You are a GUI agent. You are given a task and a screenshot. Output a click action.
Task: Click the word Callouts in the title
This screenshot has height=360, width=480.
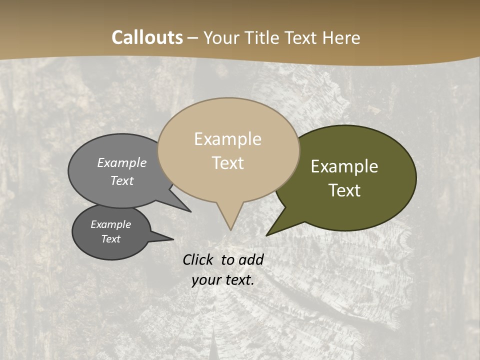(x=147, y=37)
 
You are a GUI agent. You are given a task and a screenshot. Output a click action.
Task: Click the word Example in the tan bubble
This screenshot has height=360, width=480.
(x=227, y=139)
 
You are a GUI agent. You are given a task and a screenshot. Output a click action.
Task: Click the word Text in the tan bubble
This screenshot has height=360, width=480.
(x=228, y=163)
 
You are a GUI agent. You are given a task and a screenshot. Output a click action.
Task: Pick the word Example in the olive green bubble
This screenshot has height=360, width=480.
(x=344, y=166)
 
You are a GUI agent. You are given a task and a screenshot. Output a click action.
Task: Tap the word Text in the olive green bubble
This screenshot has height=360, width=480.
(x=345, y=190)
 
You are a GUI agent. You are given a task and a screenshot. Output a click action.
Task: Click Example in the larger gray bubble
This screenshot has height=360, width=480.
(x=122, y=162)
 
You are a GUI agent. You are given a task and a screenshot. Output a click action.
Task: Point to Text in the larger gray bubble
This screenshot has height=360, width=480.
(x=122, y=180)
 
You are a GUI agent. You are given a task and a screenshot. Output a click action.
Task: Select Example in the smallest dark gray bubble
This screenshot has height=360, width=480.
(x=111, y=224)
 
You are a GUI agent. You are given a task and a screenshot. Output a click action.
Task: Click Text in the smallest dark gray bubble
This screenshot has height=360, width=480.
(x=111, y=239)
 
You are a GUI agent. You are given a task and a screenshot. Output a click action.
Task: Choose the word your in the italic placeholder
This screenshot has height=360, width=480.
(x=204, y=280)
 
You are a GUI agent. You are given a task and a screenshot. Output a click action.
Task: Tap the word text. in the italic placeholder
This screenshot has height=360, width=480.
(x=238, y=280)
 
